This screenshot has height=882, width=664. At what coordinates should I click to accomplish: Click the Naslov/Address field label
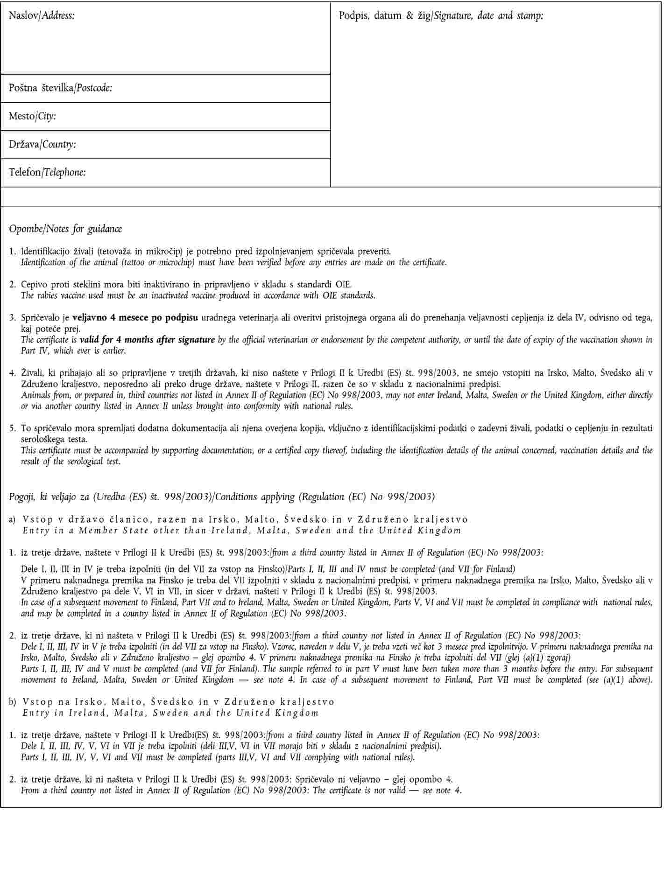(x=42, y=16)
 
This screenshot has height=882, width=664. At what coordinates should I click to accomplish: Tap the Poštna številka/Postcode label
(x=60, y=88)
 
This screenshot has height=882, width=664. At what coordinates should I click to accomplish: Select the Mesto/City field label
(x=32, y=116)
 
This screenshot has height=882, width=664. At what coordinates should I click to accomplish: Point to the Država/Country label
(x=42, y=144)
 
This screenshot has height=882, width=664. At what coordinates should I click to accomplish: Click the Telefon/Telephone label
(x=47, y=172)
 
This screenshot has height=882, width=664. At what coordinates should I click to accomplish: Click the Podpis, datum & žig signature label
(x=441, y=16)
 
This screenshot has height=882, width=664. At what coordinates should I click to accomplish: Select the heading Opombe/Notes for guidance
(x=65, y=229)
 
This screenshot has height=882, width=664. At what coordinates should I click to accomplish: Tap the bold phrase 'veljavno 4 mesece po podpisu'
(x=135, y=318)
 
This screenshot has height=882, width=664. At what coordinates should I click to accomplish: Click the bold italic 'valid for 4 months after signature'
(x=147, y=340)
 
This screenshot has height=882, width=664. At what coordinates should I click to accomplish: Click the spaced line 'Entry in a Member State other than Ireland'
(x=241, y=530)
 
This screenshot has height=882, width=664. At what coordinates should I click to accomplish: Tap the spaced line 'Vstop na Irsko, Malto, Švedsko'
(x=178, y=702)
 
